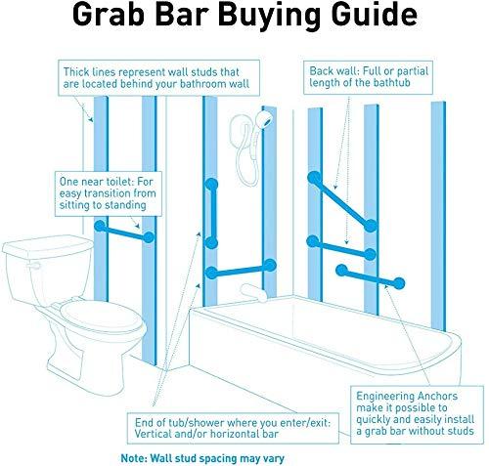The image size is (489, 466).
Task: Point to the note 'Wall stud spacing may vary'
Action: [204, 456]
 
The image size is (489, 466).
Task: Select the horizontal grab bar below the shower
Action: [240, 272]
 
